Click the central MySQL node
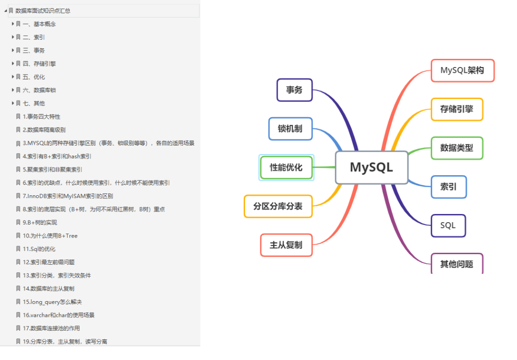click(x=371, y=168)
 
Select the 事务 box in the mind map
click(x=294, y=90)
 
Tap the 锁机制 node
click(x=290, y=129)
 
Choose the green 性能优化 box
click(x=286, y=168)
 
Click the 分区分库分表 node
click(x=278, y=206)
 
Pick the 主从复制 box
click(x=286, y=245)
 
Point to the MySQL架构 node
click(x=462, y=70)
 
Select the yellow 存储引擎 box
click(x=457, y=109)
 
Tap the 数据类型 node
click(x=457, y=148)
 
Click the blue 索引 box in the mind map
click(x=449, y=187)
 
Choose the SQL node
click(x=448, y=225)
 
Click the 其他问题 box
click(x=457, y=264)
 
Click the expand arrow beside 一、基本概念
click(x=13, y=23)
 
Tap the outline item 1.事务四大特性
click(x=41, y=116)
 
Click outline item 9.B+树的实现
click(x=40, y=222)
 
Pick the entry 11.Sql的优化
click(x=39, y=249)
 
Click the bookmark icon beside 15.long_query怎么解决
click(x=18, y=302)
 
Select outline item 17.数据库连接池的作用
click(x=51, y=328)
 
